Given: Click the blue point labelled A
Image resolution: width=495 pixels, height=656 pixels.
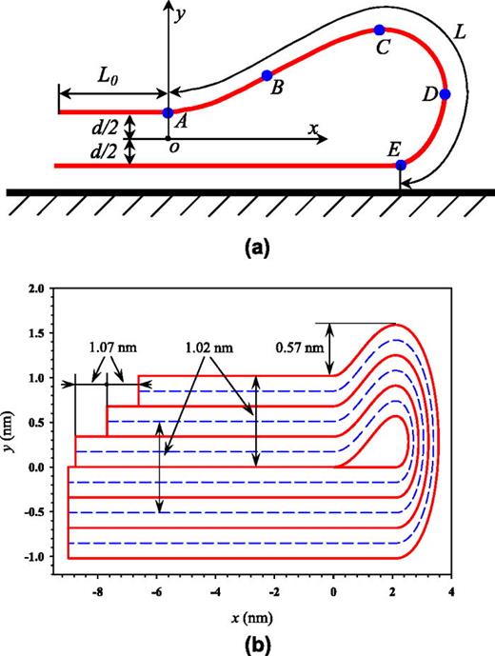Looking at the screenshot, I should click(168, 112).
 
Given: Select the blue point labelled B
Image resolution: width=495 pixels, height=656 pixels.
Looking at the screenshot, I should click(267, 75).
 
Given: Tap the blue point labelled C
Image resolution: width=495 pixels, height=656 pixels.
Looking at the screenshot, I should click(380, 30).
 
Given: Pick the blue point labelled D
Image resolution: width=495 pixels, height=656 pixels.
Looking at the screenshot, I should click(445, 94).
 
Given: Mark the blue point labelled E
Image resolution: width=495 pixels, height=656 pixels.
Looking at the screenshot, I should click(401, 165).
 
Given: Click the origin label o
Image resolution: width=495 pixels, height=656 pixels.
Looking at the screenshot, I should click(172, 146).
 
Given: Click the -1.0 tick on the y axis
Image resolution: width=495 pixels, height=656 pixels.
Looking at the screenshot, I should click(35, 556).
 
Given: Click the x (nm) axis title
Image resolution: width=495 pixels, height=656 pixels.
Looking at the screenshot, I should click(254, 612).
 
